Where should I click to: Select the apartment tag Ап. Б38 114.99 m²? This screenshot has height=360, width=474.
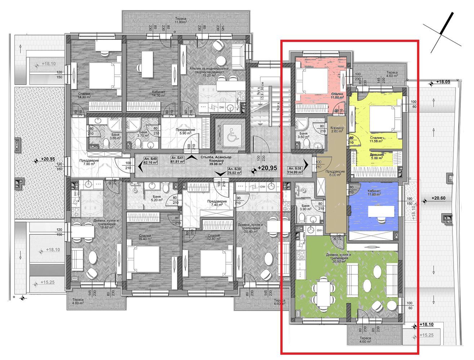coord(294,170)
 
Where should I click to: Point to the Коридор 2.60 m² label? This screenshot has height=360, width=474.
coord(337,130)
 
